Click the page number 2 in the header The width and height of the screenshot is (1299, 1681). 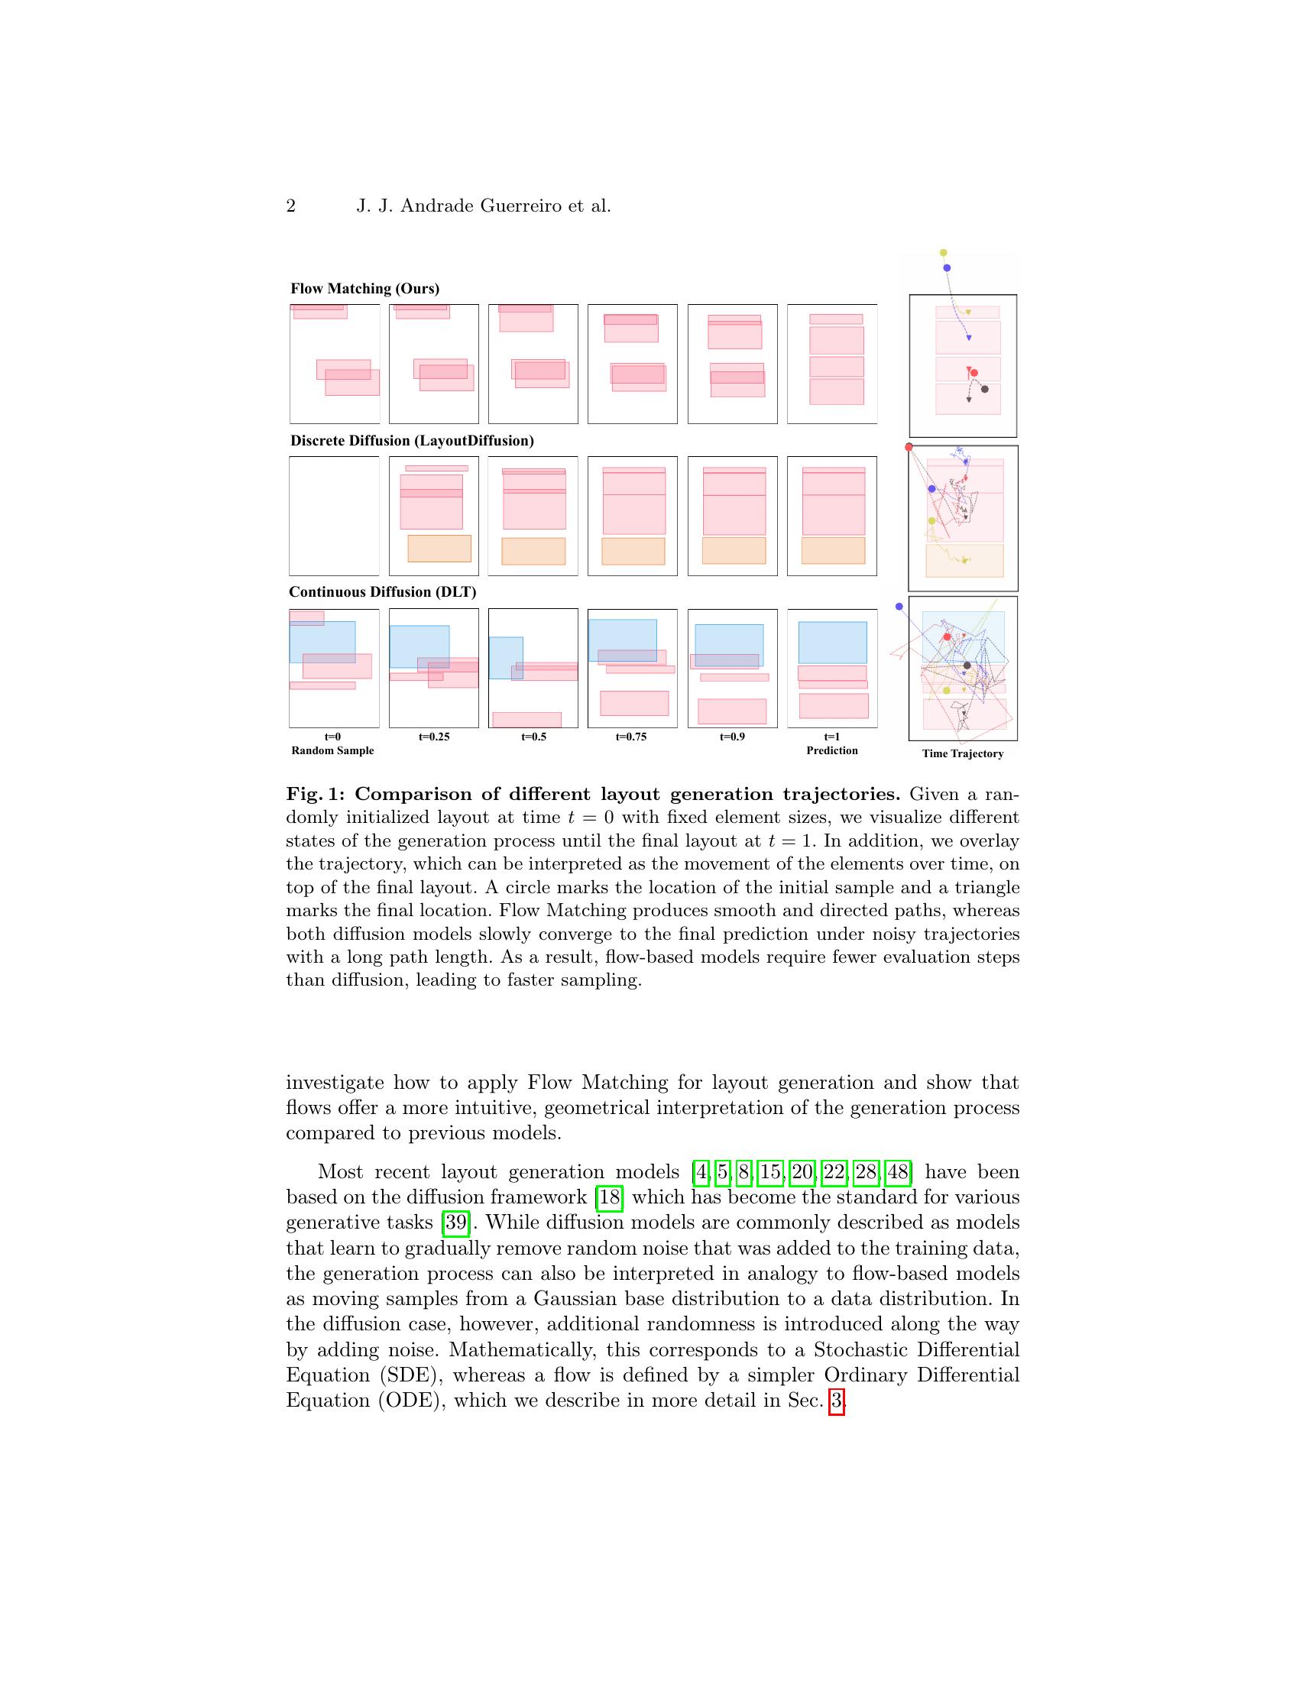point(291,206)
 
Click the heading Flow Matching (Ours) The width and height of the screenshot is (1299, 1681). point(364,289)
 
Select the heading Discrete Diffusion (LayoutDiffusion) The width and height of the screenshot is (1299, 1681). point(412,441)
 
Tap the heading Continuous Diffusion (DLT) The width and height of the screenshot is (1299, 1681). point(383,592)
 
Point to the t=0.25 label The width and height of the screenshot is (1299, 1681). point(434,737)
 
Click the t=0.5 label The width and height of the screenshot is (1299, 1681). point(533,737)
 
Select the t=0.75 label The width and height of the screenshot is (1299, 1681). point(631,737)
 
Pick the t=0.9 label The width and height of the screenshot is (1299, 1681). point(732,737)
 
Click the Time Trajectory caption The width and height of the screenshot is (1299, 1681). point(963,753)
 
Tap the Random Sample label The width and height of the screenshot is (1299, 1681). point(332,750)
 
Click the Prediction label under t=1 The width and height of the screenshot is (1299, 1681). point(832,750)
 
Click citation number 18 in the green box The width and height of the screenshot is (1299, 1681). point(610,1197)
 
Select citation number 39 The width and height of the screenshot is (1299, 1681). point(455,1223)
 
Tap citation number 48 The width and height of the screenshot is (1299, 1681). point(897,1172)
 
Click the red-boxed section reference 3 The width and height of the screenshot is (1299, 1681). point(837,1400)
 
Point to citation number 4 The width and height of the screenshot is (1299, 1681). point(700,1172)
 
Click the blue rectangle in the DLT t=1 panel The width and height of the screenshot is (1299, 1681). point(833,643)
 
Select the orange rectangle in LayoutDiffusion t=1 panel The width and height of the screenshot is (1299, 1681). point(833,551)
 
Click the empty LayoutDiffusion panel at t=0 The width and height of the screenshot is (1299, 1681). point(334,516)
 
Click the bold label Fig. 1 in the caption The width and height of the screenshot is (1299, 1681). point(315,795)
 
